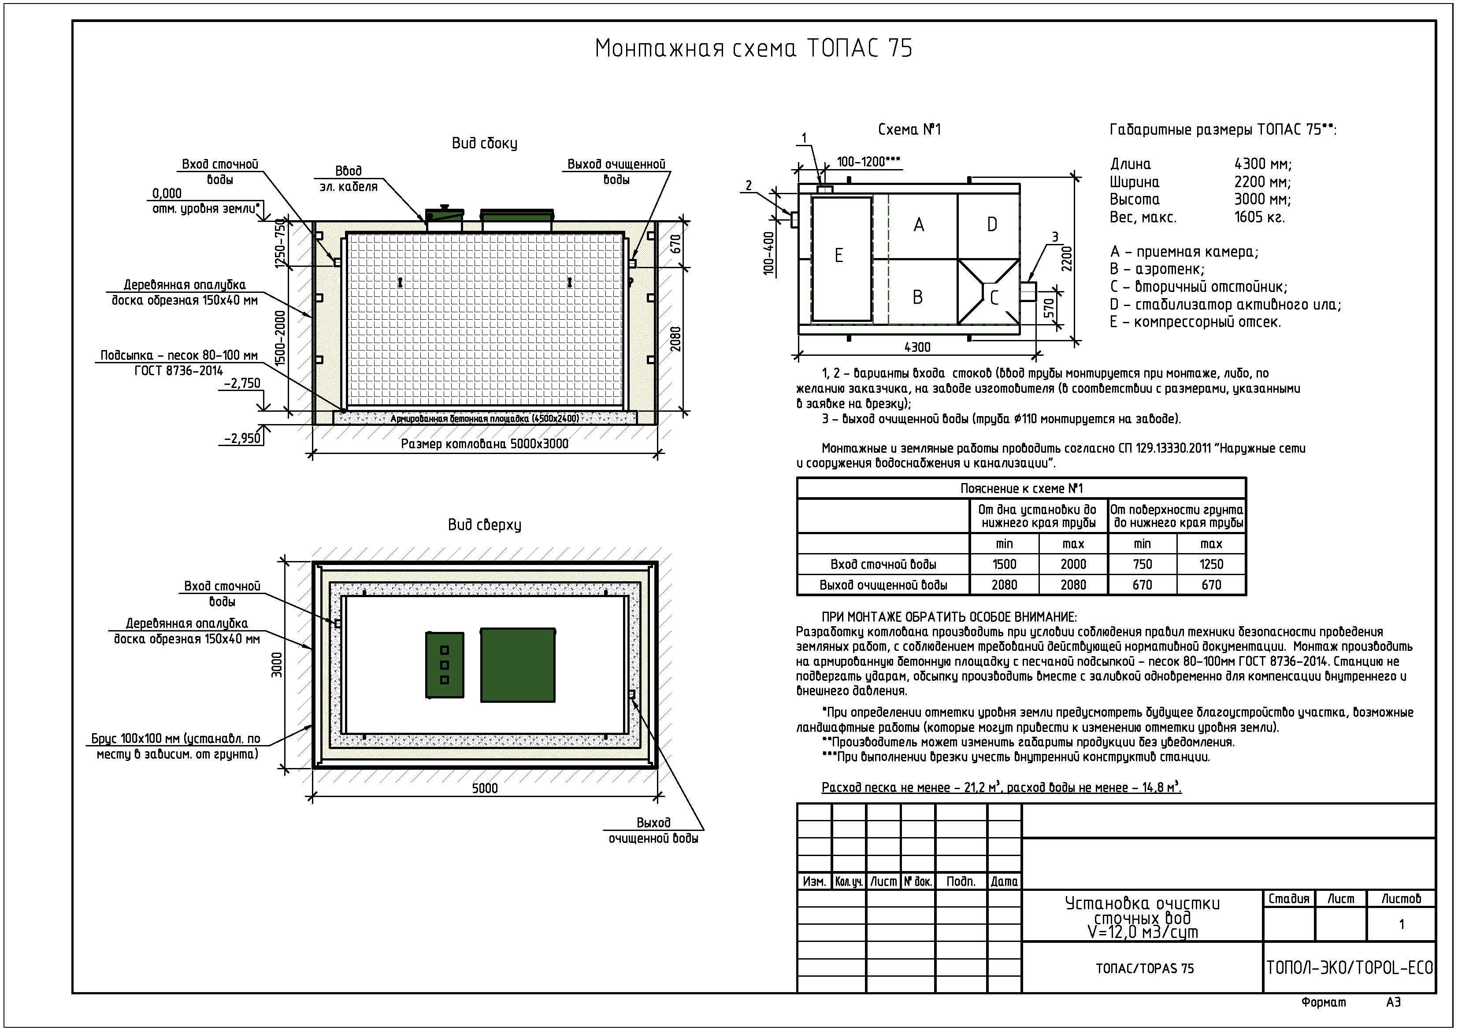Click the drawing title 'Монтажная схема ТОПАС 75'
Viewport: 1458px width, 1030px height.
[753, 49]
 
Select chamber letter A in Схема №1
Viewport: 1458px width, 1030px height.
[918, 225]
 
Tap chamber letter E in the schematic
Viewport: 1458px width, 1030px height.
[838, 256]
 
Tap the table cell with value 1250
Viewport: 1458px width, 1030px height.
[1211, 564]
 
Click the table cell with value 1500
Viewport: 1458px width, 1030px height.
[1004, 564]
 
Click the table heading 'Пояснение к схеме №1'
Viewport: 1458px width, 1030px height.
[1021, 489]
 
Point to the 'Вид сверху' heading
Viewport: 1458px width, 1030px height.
[485, 525]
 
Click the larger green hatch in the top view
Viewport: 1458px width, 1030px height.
[518, 665]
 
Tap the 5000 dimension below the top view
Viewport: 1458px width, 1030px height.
[485, 788]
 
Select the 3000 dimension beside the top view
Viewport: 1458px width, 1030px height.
[277, 665]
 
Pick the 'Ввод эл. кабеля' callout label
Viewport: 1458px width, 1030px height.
[349, 179]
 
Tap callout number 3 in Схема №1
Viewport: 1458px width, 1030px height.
[1055, 237]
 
